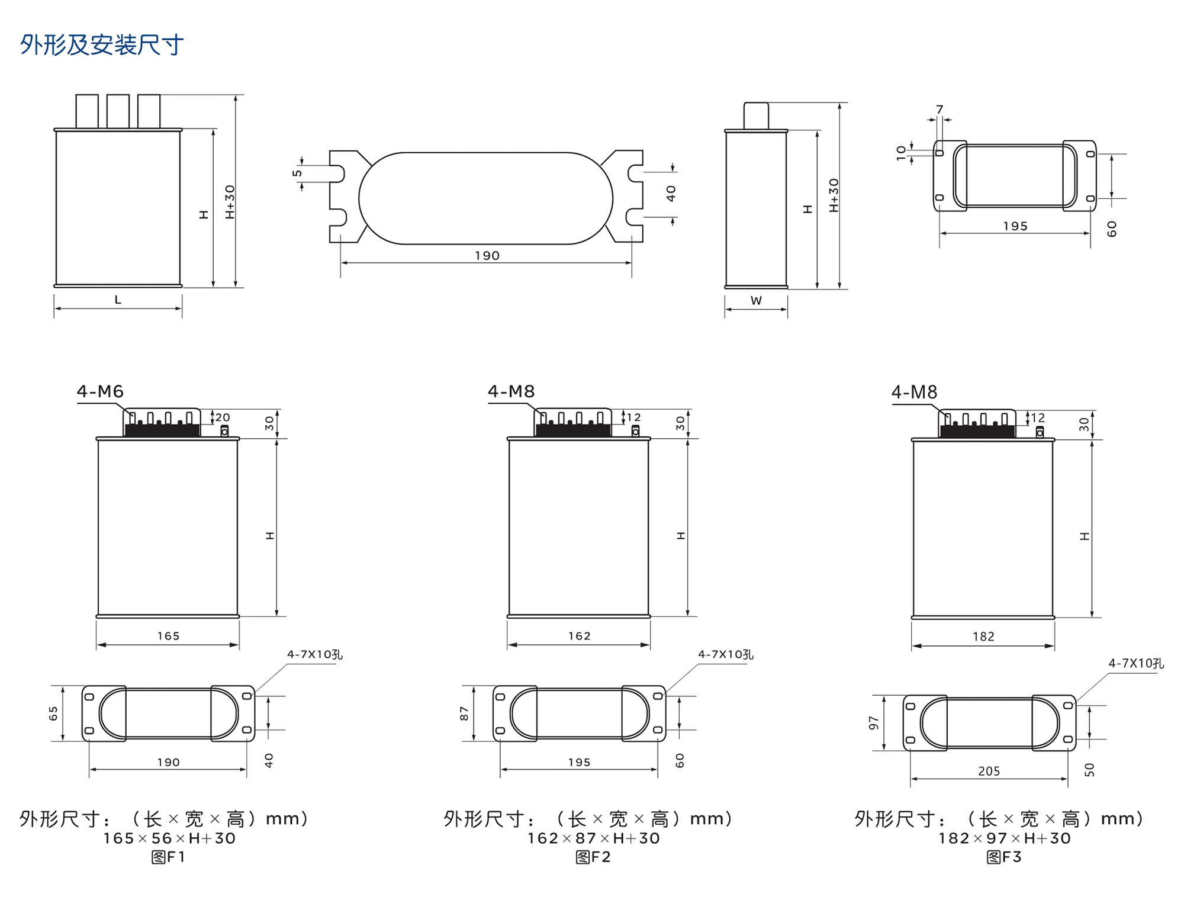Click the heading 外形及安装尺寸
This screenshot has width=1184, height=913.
pyautogui.click(x=102, y=45)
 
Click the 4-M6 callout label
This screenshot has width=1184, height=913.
pyautogui.click(x=100, y=391)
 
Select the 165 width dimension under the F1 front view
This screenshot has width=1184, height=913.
pyautogui.click(x=168, y=636)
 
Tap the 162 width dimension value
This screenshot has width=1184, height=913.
pyautogui.click(x=579, y=636)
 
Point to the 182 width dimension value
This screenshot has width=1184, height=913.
pyautogui.click(x=983, y=636)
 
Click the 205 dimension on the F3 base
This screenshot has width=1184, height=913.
pyautogui.click(x=989, y=771)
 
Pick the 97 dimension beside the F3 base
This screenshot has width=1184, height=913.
pyautogui.click(x=874, y=722)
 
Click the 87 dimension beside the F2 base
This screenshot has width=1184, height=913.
pyautogui.click(x=464, y=713)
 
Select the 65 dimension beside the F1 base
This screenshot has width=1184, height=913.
pyautogui.click(x=53, y=713)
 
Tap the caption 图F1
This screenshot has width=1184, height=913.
pyautogui.click(x=168, y=857)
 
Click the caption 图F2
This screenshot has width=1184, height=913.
pyautogui.click(x=593, y=857)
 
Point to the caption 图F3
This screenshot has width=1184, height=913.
pyautogui.click(x=1004, y=857)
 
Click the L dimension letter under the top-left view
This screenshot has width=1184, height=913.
pyautogui.click(x=118, y=300)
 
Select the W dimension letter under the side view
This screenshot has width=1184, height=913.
pyautogui.click(x=756, y=301)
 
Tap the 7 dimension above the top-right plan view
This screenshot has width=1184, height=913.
pyautogui.click(x=940, y=110)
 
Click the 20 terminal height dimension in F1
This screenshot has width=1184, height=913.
pyautogui.click(x=223, y=417)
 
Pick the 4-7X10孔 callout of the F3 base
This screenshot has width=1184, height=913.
pyautogui.click(x=1135, y=664)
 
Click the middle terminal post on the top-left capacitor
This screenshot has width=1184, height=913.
pyautogui.click(x=118, y=111)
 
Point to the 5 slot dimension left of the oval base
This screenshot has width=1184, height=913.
pyautogui.click(x=297, y=173)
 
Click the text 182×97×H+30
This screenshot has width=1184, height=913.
pyautogui.click(x=1004, y=838)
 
